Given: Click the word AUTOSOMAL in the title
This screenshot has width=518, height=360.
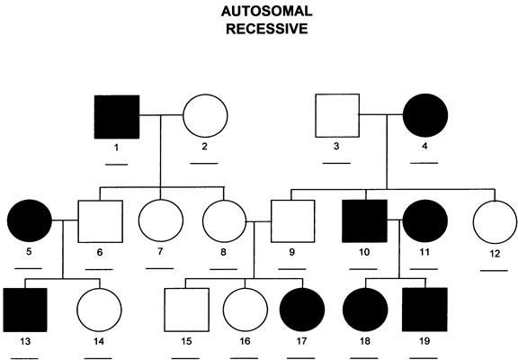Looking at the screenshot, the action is pos(266,12).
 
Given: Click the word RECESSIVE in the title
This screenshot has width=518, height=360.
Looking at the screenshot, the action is pos(266,29).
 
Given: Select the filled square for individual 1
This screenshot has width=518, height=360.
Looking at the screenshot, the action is pos(117,117).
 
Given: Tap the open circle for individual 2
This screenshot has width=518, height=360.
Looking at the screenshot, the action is pos(205,116).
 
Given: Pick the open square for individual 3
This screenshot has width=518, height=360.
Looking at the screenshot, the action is pos(337,116).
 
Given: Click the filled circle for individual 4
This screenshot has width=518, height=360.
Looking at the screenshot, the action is pos(425,115).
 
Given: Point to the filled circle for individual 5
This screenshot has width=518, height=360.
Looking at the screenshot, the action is pos(30,220).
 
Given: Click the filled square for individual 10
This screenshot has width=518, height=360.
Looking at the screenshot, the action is pos(365,220).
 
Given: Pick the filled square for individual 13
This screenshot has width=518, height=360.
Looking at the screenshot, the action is pos(25,310).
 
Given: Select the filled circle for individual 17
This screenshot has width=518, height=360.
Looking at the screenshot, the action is pos(302,310).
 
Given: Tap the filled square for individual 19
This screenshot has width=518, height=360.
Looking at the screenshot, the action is pos(424,310).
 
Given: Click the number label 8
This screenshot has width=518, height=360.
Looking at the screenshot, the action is pos(223,252).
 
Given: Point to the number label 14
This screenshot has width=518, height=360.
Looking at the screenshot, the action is pos(99,341).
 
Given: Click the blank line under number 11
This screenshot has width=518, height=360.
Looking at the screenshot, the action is pos(424,269).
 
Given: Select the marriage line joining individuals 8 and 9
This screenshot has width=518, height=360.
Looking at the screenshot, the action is pos(259,221).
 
